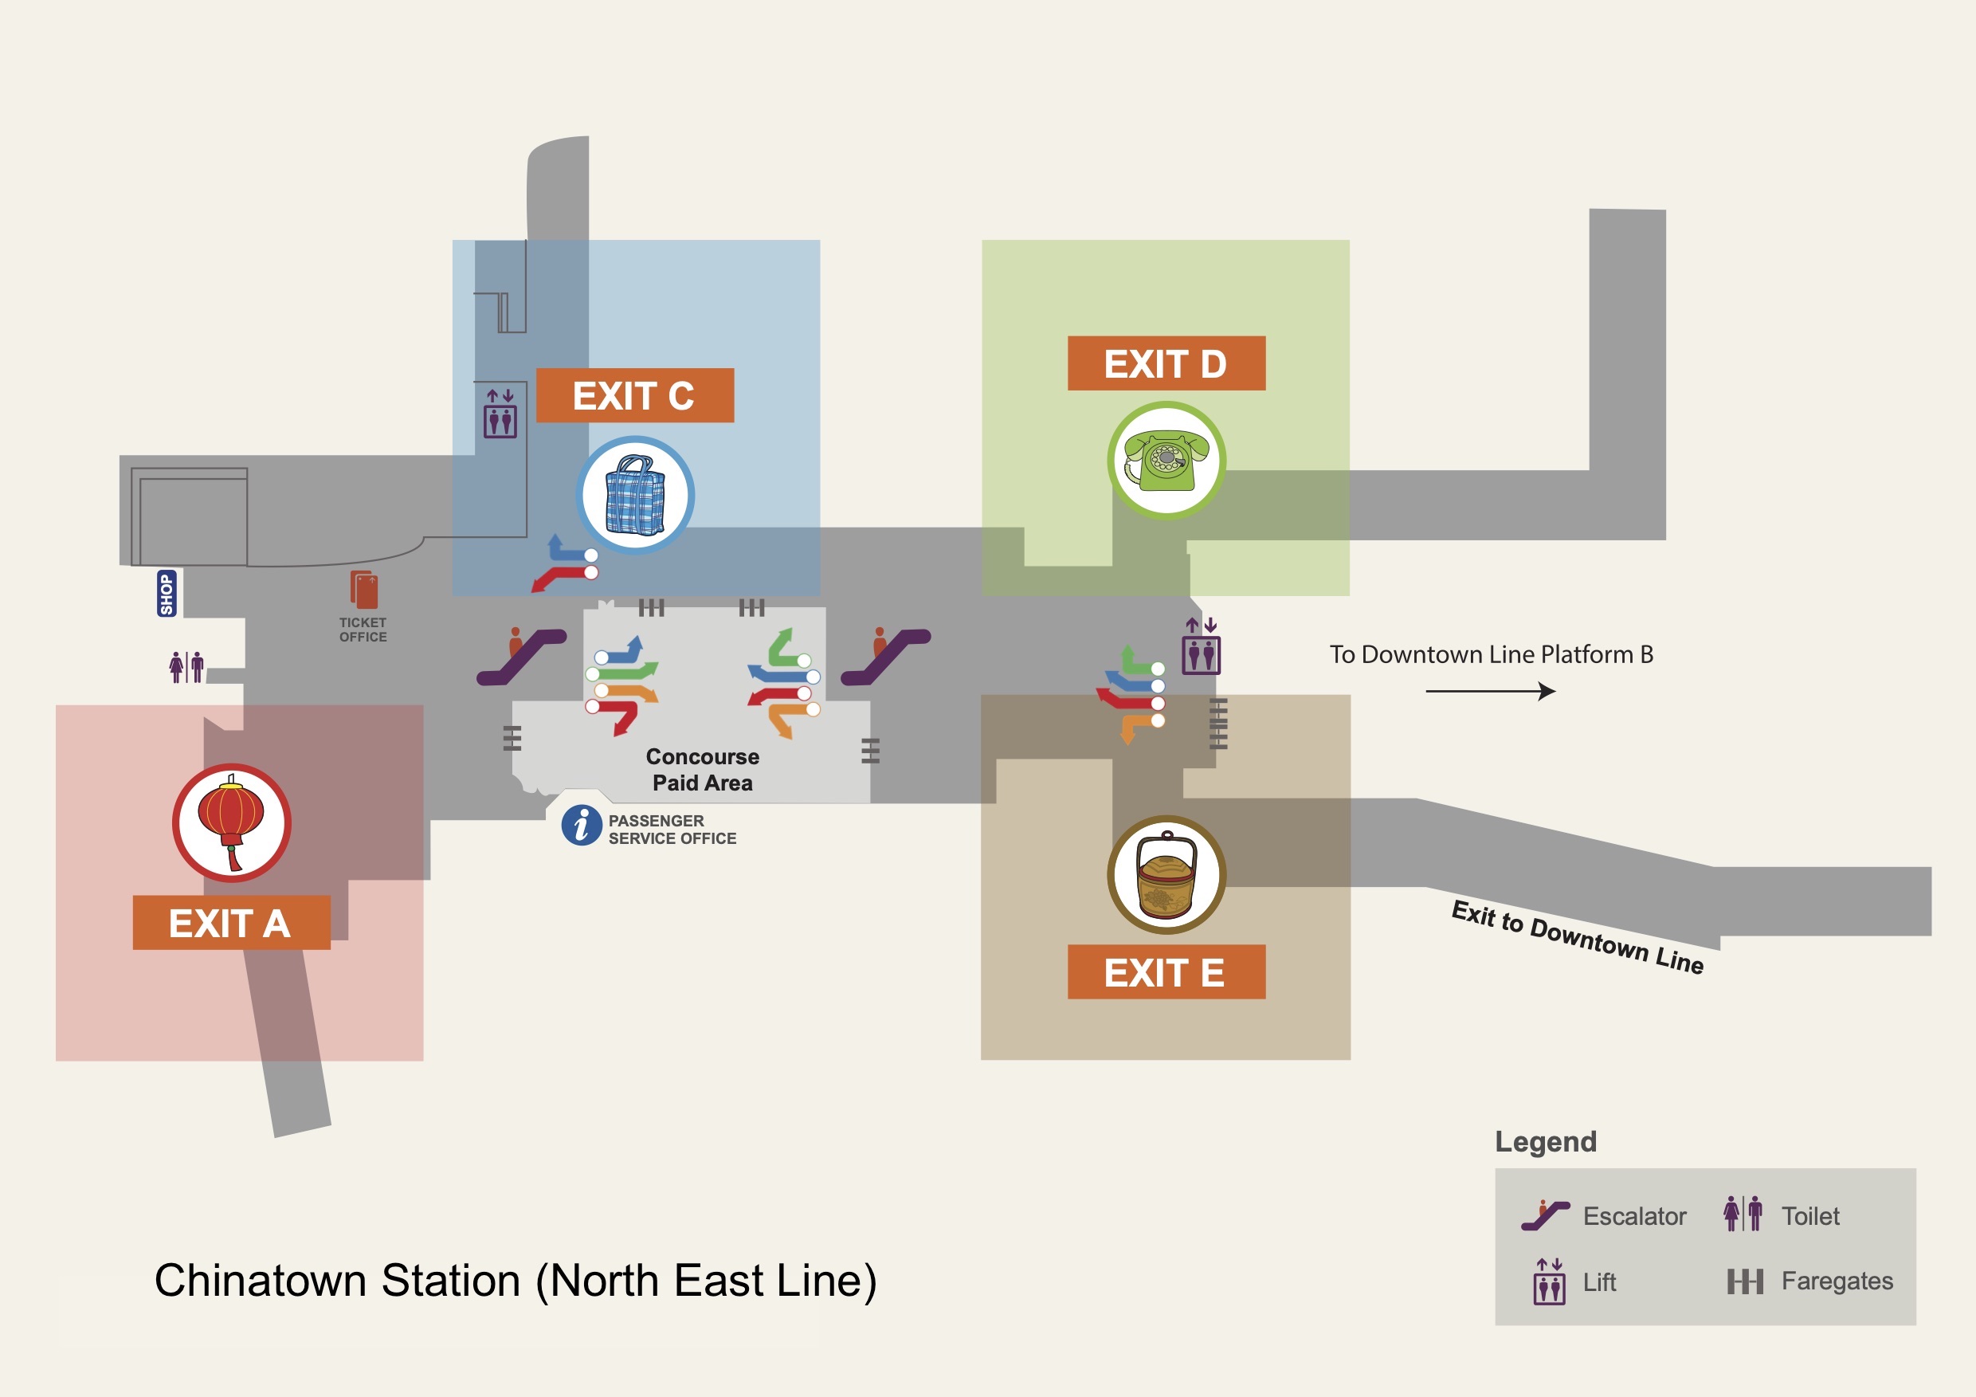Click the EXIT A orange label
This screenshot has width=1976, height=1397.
pyautogui.click(x=230, y=923)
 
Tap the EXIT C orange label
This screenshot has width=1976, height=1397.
pyautogui.click(x=634, y=395)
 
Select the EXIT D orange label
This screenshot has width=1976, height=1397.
pyautogui.click(x=1166, y=363)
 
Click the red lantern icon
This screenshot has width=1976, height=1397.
pyautogui.click(x=232, y=822)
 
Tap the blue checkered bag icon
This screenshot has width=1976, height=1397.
pyautogui.click(x=635, y=495)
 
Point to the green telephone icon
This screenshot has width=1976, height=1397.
pyautogui.click(x=1166, y=461)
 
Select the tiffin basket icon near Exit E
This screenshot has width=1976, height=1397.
pyautogui.click(x=1166, y=874)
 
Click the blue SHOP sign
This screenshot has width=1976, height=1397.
pyautogui.click(x=166, y=593)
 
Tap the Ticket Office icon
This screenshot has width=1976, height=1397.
pyautogui.click(x=364, y=591)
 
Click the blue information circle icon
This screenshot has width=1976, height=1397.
pyautogui.click(x=582, y=826)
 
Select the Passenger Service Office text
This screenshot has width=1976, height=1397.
pyautogui.click(x=672, y=830)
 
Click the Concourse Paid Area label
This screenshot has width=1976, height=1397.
pyautogui.click(x=702, y=770)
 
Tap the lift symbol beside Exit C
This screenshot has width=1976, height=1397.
pyautogui.click(x=500, y=414)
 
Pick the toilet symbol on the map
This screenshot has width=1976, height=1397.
pyautogui.click(x=186, y=667)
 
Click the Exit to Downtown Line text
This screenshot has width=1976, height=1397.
pyautogui.click(x=1578, y=937)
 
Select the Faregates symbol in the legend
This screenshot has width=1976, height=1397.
pyautogui.click(x=1744, y=1281)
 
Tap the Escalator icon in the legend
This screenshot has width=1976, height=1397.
pyautogui.click(x=1545, y=1215)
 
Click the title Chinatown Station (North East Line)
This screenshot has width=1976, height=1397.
pyautogui.click(x=516, y=1280)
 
